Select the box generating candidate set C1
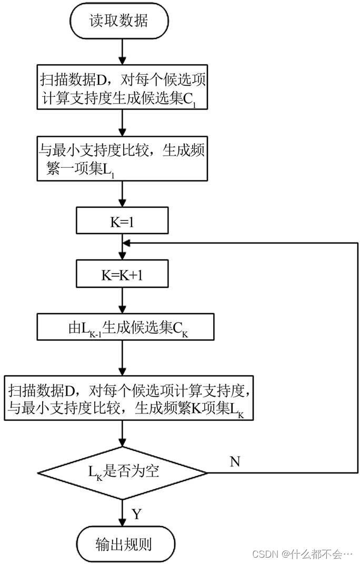123,88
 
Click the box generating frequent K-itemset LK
129,398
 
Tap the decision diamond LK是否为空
123,472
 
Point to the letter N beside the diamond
235,461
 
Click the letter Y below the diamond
136,513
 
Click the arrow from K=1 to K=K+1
123,247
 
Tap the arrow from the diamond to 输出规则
123,513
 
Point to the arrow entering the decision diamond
123,434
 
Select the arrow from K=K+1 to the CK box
123,301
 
